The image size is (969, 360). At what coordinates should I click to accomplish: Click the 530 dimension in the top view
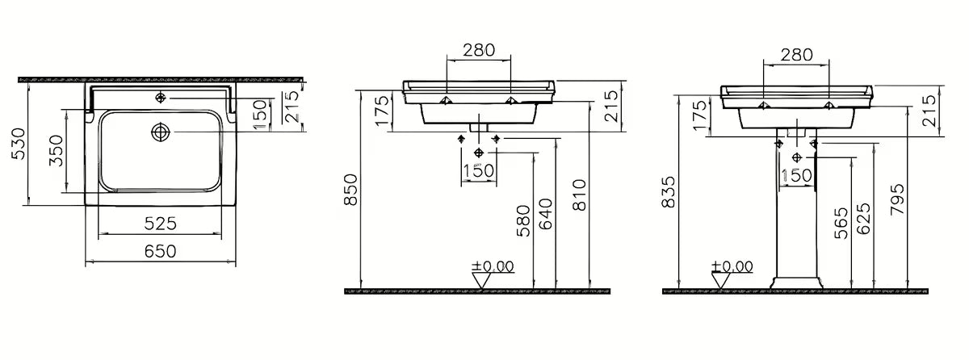click(x=18, y=144)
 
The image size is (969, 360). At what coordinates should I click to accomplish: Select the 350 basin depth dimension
click(x=57, y=151)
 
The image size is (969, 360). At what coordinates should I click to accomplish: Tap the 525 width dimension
click(x=160, y=224)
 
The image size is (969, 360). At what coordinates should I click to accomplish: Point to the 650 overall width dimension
click(x=160, y=251)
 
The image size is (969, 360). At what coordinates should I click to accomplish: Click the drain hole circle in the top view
click(x=161, y=132)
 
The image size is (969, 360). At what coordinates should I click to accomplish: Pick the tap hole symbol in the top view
click(x=161, y=98)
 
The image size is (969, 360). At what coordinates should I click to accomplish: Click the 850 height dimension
click(x=350, y=190)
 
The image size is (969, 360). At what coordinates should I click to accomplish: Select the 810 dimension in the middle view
click(x=579, y=195)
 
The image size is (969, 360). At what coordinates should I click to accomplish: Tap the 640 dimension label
click(x=546, y=214)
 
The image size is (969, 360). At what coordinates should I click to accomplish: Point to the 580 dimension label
click(x=523, y=221)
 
